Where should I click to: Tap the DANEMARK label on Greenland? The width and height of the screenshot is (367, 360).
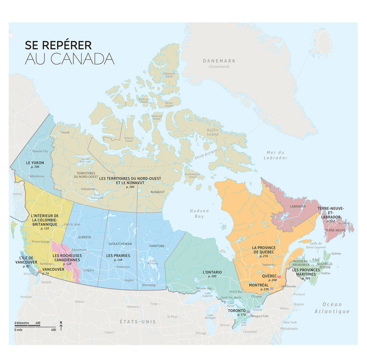[219, 61]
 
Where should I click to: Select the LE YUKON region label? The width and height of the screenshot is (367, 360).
[35, 163]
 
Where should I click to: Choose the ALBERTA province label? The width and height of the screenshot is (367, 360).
[84, 237]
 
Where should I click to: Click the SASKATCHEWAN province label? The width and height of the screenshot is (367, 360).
[120, 244]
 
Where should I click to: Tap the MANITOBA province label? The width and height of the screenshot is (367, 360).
[156, 246]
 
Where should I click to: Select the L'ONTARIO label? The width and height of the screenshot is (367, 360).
[212, 272]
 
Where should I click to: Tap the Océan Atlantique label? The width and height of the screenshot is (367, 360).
[332, 308]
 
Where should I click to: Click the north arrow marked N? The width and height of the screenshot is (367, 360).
[61, 326]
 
